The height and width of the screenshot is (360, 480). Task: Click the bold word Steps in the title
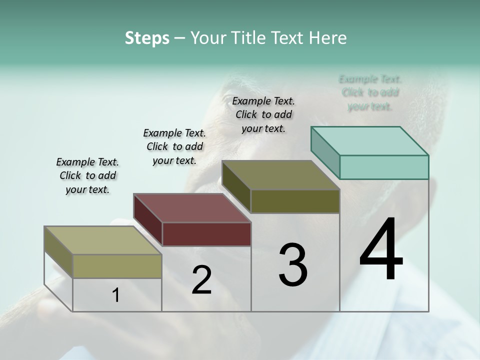click(147, 38)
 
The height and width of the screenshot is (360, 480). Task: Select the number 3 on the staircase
click(293, 265)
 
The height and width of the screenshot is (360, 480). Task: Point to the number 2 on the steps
click(201, 280)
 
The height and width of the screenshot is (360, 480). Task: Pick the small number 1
click(116, 295)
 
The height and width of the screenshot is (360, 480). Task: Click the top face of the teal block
click(370, 140)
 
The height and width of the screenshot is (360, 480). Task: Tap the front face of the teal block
click(384, 167)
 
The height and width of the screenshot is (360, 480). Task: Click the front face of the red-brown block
click(206, 234)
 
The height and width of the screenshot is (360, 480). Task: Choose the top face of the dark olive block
click(281, 175)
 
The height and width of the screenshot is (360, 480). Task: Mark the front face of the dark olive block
click(295, 201)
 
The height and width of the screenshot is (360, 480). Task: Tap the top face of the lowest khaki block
click(103, 240)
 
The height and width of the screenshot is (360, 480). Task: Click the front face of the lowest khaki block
click(117, 266)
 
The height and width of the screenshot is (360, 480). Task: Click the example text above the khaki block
click(87, 175)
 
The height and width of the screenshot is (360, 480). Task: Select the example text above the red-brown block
click(174, 146)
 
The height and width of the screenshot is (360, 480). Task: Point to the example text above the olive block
click(263, 114)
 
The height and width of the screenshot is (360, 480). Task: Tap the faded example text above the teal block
click(370, 92)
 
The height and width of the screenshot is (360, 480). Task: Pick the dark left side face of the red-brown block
click(148, 219)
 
